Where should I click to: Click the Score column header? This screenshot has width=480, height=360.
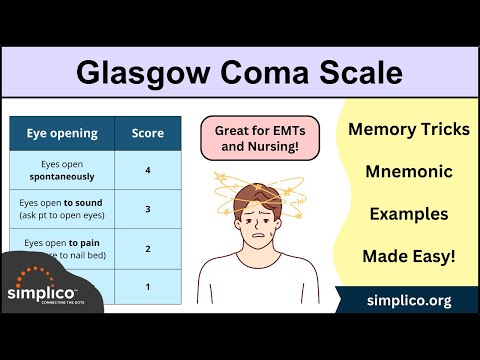tap(148, 133)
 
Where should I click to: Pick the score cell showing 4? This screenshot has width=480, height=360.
tap(148, 171)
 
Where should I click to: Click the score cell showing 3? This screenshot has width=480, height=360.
tap(148, 209)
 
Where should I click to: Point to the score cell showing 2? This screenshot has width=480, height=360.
tap(148, 248)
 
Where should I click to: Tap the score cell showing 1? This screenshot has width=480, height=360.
tap(148, 286)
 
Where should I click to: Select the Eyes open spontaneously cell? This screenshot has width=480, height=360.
tap(62, 171)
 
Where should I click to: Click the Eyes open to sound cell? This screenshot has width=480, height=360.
tap(62, 209)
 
